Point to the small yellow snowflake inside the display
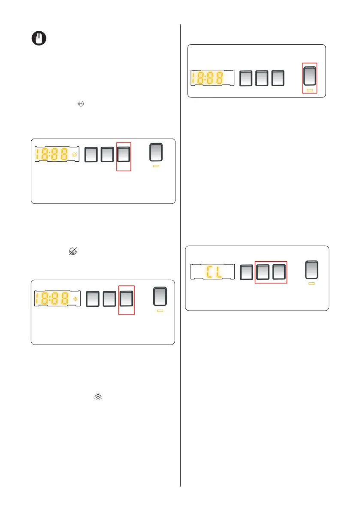click(x=76, y=299)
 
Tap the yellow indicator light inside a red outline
click(x=310, y=91)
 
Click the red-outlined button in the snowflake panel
click(x=126, y=299)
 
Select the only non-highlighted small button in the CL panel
click(x=246, y=272)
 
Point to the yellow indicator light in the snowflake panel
click(x=160, y=310)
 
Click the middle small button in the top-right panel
click(x=262, y=78)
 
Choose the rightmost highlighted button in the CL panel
click(x=279, y=272)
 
